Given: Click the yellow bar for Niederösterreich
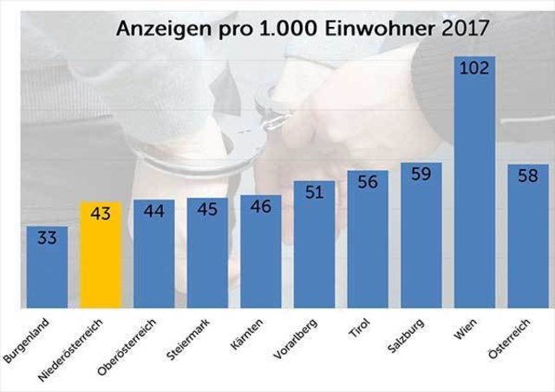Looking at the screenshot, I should pyautogui.click(x=101, y=260).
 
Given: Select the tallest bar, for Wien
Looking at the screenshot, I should pyautogui.click(x=475, y=191).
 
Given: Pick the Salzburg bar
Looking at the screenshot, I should pyautogui.click(x=421, y=243).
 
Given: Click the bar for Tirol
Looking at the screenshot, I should pyautogui.click(x=368, y=247).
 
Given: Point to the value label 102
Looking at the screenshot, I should pyautogui.click(x=475, y=69).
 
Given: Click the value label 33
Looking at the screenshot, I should pyautogui.click(x=47, y=238).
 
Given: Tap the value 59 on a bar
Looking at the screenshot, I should pyautogui.click(x=421, y=174).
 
